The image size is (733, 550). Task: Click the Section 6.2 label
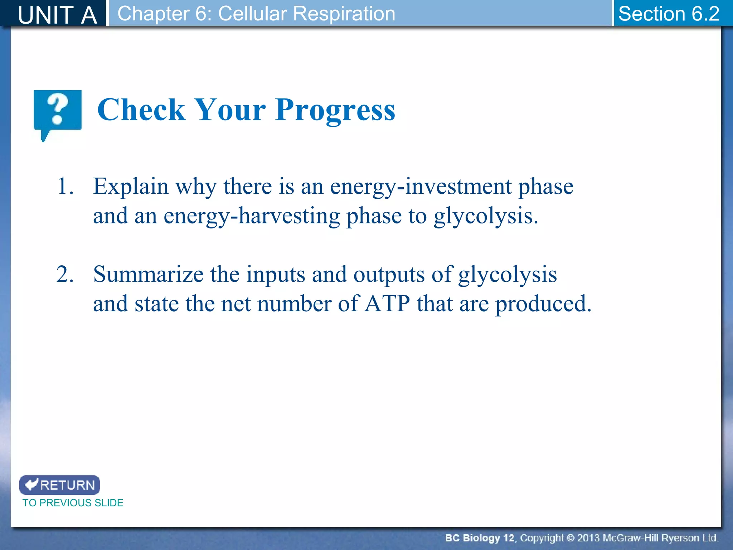(x=669, y=14)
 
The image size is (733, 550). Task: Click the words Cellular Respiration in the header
(x=306, y=14)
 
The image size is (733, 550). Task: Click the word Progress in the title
(x=335, y=110)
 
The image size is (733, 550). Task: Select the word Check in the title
(x=141, y=110)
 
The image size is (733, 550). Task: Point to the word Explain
(x=131, y=187)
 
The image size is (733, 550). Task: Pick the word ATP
(x=387, y=304)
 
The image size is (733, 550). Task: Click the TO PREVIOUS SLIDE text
(x=73, y=503)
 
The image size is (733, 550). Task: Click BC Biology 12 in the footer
(x=479, y=538)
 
